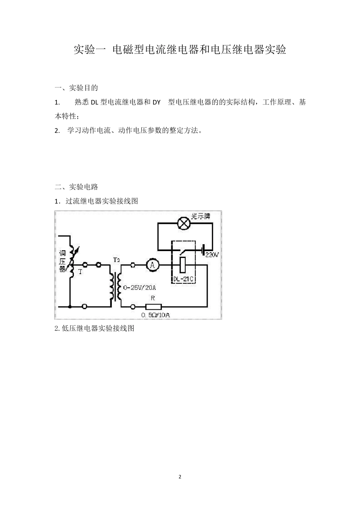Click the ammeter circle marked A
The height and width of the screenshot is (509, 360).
coord(153,265)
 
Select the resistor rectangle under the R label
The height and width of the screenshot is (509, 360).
coord(153,306)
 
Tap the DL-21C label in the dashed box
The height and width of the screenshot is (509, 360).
coord(183,279)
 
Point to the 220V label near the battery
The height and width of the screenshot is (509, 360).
coord(212,255)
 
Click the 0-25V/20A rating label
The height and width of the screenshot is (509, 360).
coord(139,287)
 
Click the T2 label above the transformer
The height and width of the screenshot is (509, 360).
coord(116,260)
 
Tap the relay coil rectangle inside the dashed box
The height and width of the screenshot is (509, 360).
coord(183,265)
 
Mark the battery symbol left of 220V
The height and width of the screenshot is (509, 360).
coord(203,250)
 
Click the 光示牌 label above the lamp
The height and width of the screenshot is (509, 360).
coord(200,216)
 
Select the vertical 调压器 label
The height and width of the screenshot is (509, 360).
coord(63,261)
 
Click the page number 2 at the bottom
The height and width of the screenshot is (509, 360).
coord(180,476)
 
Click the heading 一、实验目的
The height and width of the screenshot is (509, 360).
coord(76,88)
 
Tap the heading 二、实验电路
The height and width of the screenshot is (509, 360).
coord(76,187)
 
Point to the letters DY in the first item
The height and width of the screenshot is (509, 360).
coord(157,102)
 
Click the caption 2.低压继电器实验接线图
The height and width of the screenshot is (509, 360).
coord(95,328)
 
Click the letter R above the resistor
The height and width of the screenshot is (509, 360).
coord(153,298)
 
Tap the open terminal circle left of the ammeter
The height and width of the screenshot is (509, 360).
coord(133,265)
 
